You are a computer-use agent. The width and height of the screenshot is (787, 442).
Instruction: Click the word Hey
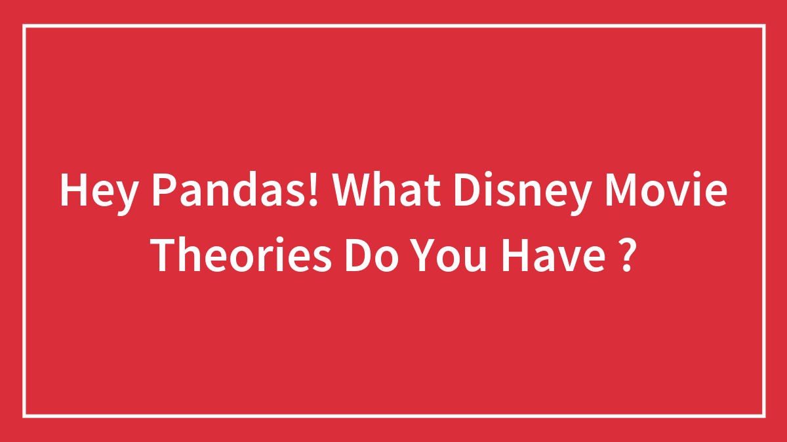tap(99, 194)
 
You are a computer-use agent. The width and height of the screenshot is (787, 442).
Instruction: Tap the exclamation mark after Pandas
tap(313, 189)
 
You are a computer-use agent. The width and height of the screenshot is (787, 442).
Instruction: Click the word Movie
tap(666, 189)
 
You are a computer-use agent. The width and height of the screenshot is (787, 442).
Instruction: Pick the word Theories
tap(240, 254)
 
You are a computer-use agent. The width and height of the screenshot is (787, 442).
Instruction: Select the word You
tap(447, 255)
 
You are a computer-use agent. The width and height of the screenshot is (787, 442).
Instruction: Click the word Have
tap(553, 255)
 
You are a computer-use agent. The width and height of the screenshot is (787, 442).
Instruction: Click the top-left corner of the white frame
tap(24, 26)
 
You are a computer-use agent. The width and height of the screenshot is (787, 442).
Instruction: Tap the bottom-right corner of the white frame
tap(764, 416)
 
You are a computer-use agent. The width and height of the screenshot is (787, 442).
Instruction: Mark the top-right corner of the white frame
tap(764, 26)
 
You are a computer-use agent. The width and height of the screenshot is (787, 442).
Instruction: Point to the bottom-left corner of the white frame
tap(24, 416)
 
